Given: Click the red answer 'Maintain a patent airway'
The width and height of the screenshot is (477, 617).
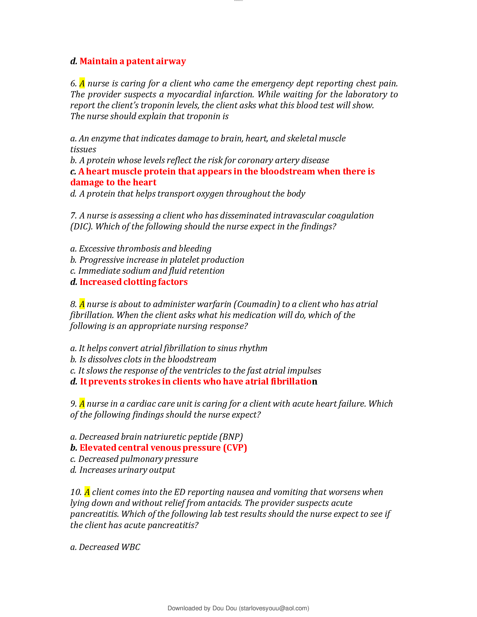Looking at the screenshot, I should click(132, 61).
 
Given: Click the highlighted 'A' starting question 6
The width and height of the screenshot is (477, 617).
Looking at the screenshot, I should click(82, 83).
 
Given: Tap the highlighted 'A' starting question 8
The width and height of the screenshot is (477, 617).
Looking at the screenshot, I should click(82, 304).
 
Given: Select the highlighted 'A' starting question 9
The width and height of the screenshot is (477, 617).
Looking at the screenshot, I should click(82, 403).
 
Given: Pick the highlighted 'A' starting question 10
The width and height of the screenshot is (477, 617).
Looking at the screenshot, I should click(87, 492).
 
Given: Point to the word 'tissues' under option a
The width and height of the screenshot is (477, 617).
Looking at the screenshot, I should click(83, 149).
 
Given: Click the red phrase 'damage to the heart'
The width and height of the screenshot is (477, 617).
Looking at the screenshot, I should click(113, 183).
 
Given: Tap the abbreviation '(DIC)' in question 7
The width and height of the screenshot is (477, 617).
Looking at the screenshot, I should click(81, 227).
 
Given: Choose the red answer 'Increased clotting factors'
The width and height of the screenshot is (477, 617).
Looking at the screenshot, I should click(133, 282).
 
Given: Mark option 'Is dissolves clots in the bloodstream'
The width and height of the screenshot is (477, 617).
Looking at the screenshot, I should click(148, 359).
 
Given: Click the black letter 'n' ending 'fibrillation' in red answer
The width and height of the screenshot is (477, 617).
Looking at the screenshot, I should click(315, 382).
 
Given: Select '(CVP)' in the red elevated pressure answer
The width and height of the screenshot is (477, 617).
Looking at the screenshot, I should click(235, 448).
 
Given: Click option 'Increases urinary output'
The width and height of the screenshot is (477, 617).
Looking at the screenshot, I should click(127, 470).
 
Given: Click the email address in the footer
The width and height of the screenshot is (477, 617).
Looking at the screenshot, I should click(274, 608).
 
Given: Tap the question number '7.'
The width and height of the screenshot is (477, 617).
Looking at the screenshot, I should click(73, 216).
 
